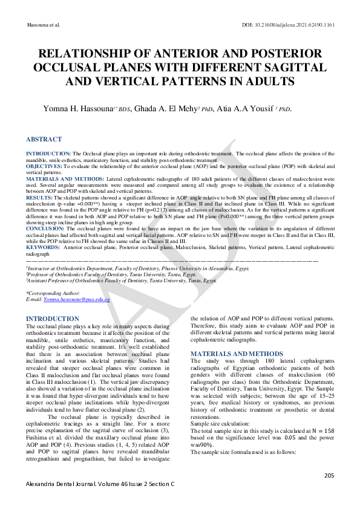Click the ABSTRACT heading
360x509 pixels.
pyautogui.click(x=44, y=139)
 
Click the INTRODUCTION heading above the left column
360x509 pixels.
pyautogui.click(x=53, y=319)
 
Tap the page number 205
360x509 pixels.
pyautogui.click(x=329, y=476)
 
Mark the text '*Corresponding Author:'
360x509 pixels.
pyautogui.click(x=53, y=293)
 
